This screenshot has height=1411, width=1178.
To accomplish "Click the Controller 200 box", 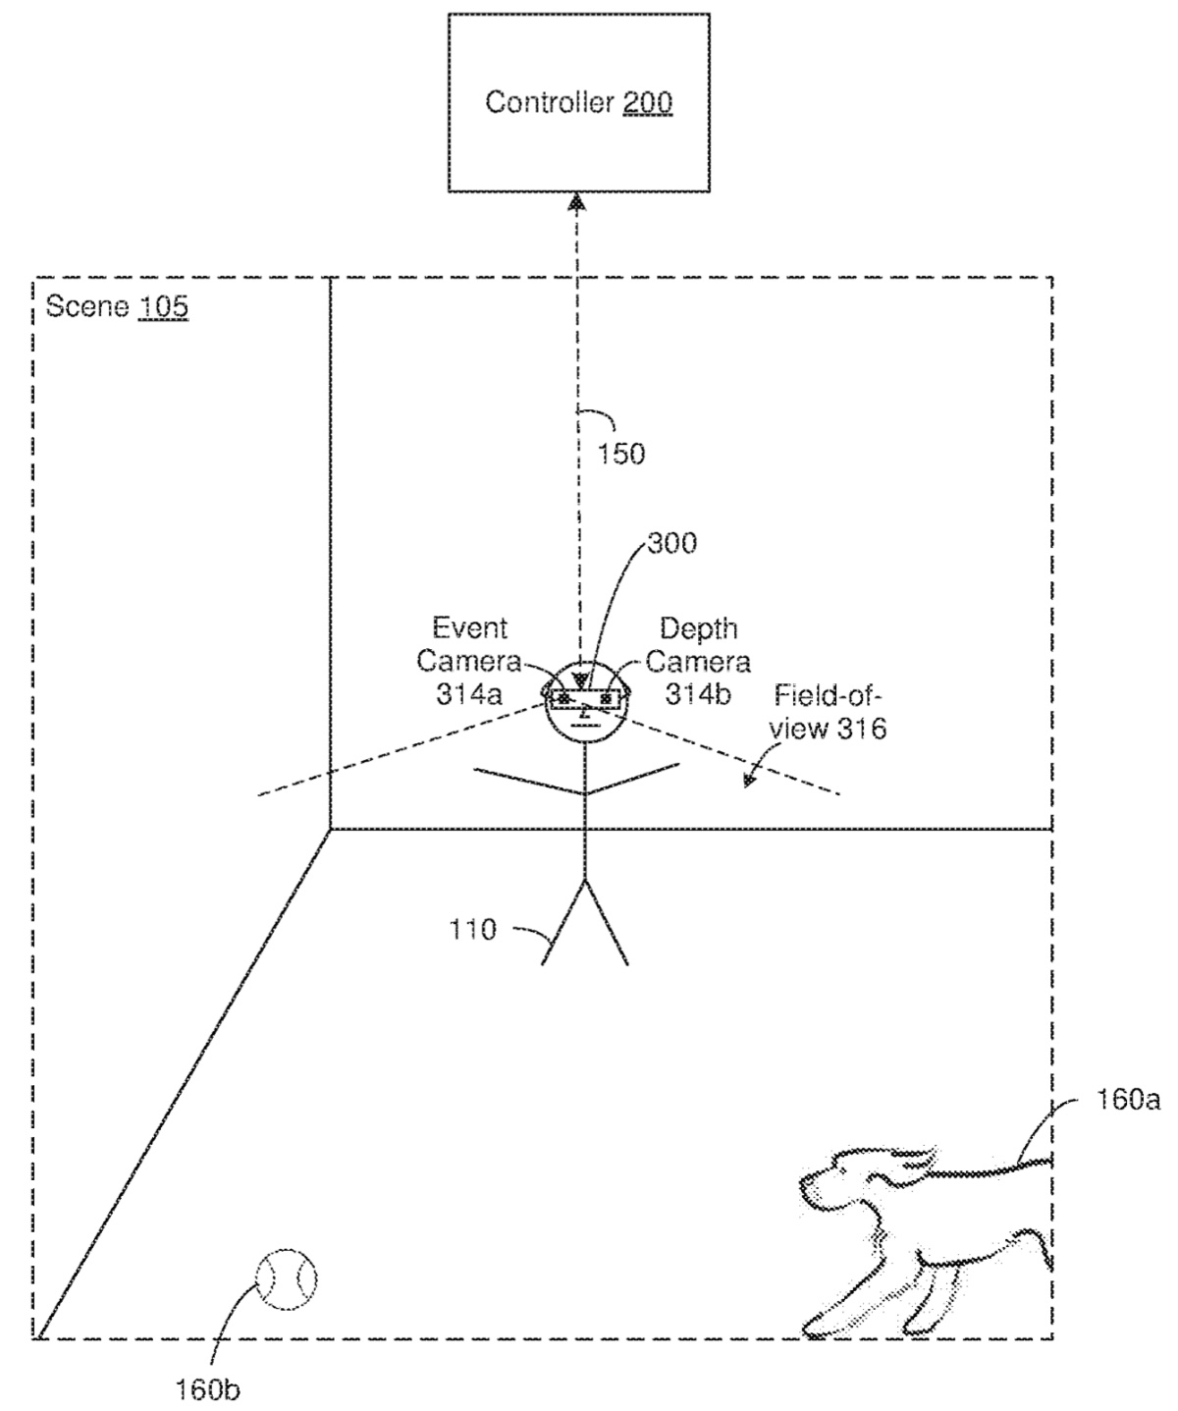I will tap(578, 103).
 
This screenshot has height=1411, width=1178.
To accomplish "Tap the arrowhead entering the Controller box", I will tap(577, 201).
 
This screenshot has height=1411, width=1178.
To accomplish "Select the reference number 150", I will tap(620, 454).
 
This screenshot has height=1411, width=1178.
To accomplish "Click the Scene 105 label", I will tap(117, 306).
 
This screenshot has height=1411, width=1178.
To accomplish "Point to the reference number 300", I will tap(671, 543).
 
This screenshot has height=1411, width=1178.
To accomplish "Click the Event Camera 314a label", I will tap(469, 661).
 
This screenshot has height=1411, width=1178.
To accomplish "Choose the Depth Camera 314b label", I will tap(698, 661).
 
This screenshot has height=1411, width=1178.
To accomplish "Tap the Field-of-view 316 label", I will tap(830, 712).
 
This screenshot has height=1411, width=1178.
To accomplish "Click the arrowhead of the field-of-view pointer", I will tap(749, 781).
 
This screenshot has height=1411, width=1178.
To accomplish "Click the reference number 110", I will tap(473, 929).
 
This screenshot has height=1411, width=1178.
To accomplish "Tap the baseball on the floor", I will tap(286, 1277).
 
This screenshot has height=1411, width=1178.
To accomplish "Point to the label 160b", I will tap(208, 1389).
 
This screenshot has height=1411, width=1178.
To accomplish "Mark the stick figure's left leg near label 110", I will tap(562, 924).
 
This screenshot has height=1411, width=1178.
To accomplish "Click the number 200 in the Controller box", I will tap(647, 102).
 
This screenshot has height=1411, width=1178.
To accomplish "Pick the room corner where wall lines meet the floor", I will tap(330, 830).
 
